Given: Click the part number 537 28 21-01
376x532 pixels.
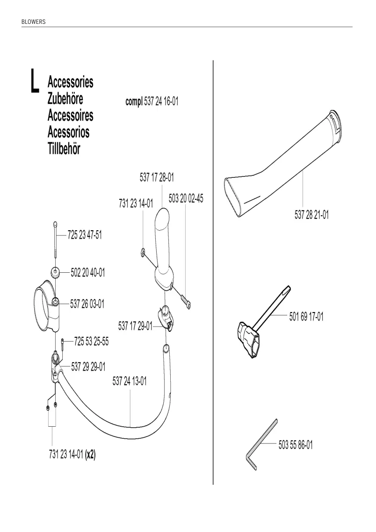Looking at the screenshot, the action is tap(311, 215).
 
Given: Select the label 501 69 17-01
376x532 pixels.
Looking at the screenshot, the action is tap(306, 317).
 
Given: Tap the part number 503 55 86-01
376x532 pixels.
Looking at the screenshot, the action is tap(296, 445).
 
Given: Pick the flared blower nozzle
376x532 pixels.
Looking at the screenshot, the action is tap(283, 165).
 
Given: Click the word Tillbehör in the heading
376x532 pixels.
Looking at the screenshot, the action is tap(64, 149).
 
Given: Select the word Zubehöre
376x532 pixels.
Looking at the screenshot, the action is tap(65, 99).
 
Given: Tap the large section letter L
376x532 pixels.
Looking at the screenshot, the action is tap(34, 81).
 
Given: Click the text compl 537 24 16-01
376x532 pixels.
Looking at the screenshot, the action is tap(152, 101).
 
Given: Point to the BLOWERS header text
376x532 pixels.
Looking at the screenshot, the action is tap(33, 22).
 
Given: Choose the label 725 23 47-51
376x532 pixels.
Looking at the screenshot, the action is tap(85, 235).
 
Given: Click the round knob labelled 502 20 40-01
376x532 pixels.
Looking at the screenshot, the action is tap(55, 272).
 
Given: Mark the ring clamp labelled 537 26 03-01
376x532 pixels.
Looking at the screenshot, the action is tap(47, 307).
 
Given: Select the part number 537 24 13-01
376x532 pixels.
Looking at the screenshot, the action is tap(130, 381).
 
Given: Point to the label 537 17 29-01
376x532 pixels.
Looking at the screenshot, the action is tap(135, 327).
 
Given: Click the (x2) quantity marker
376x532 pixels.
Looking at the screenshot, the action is tap(90, 455).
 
